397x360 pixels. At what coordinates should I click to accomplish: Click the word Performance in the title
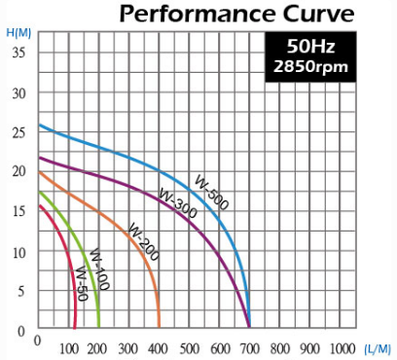click(x=197, y=14)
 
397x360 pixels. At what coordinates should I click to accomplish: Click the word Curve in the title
click(x=318, y=14)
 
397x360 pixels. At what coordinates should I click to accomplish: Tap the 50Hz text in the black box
click(x=310, y=46)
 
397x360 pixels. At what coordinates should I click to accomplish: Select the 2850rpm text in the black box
click(x=310, y=66)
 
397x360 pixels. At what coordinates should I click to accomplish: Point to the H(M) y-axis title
click(x=18, y=33)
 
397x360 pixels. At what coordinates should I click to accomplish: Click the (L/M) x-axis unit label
click(x=378, y=349)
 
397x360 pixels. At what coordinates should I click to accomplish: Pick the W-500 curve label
click(x=211, y=192)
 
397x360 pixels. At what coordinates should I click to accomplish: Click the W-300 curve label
click(x=178, y=203)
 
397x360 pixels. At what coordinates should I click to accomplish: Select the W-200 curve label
click(x=144, y=241)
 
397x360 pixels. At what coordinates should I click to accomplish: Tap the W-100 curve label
click(x=99, y=270)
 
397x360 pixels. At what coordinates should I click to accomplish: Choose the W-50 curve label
click(x=82, y=283)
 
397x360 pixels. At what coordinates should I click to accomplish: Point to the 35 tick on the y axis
click(x=18, y=52)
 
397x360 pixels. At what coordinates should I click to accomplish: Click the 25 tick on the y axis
click(x=18, y=132)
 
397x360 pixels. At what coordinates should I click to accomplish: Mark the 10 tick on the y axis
click(x=18, y=252)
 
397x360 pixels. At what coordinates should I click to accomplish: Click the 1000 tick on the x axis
click(x=343, y=349)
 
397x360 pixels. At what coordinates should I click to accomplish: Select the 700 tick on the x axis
click(x=250, y=349)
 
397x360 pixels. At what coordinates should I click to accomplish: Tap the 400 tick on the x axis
click(x=158, y=349)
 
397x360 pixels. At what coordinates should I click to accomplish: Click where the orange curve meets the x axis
click(x=159, y=327)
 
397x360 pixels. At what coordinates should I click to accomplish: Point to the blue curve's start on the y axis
click(x=39, y=125)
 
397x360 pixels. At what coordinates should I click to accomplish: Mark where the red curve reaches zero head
click(x=75, y=327)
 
